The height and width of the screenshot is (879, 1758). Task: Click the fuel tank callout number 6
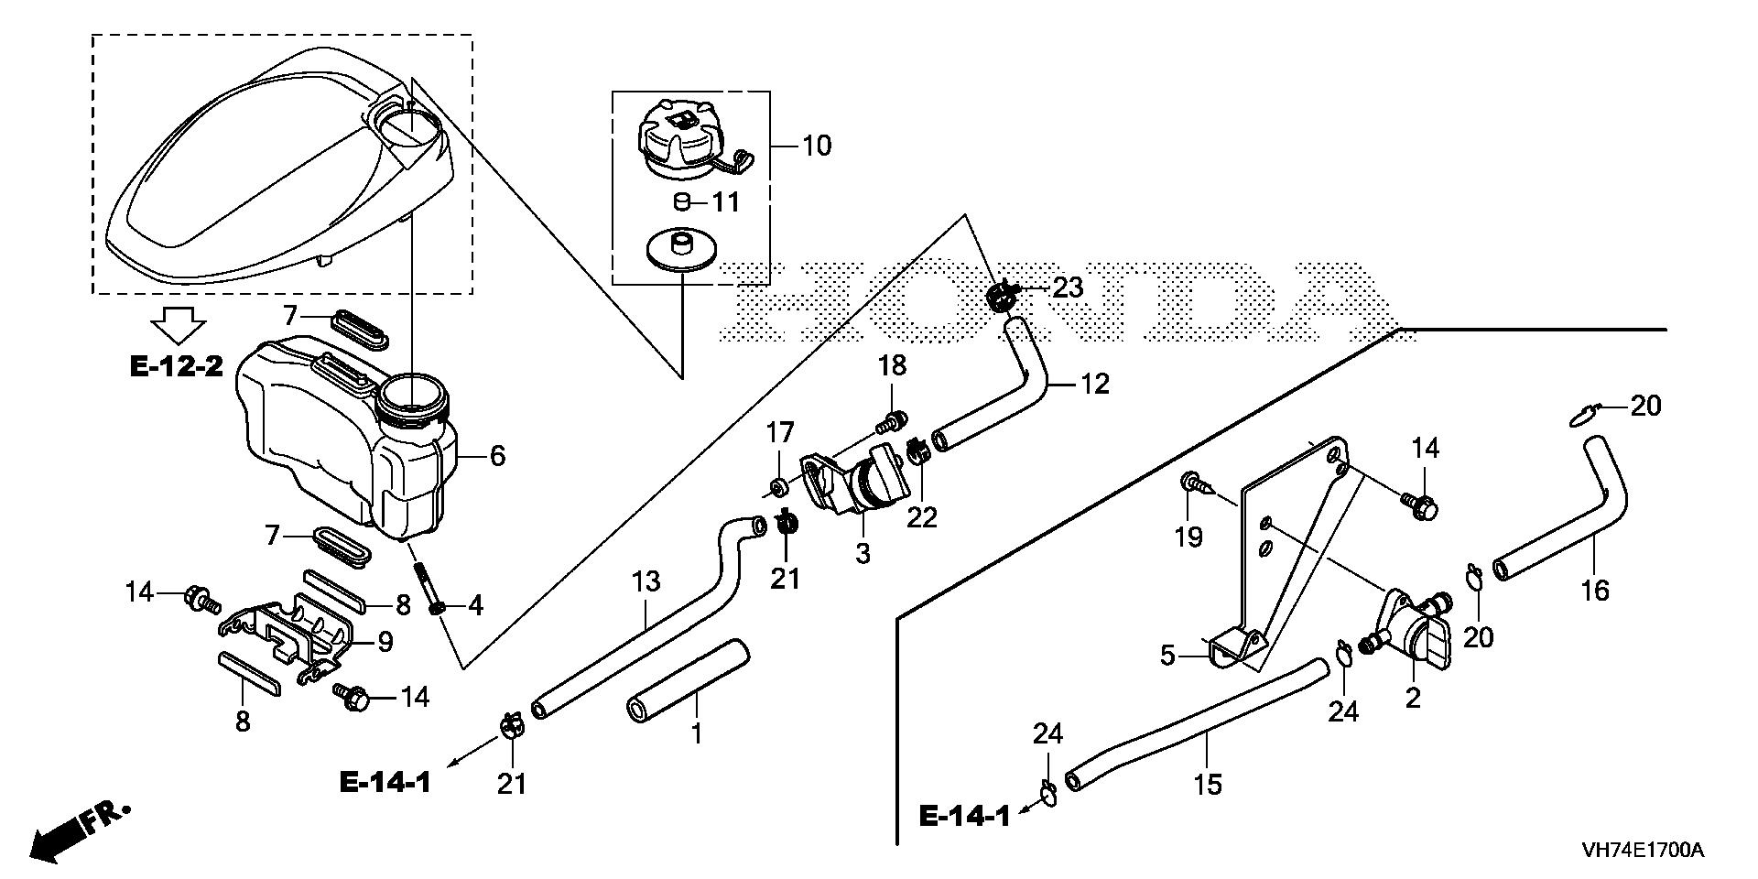497,455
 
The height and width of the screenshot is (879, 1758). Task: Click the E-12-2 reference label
176,368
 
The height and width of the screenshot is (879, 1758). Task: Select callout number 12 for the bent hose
1094,384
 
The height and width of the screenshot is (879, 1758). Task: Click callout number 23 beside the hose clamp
1068,288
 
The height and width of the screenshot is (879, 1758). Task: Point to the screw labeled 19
1196,483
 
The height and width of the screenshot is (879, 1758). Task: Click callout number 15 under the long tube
1208,784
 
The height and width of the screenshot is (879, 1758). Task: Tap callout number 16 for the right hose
1595,591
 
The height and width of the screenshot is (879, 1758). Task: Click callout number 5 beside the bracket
1167,656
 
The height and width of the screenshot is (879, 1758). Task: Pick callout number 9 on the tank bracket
385,642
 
